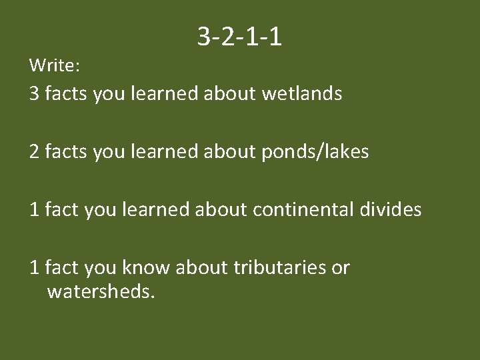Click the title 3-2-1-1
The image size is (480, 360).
(x=239, y=37)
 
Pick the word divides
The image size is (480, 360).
(x=393, y=210)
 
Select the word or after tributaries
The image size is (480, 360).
(x=341, y=267)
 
